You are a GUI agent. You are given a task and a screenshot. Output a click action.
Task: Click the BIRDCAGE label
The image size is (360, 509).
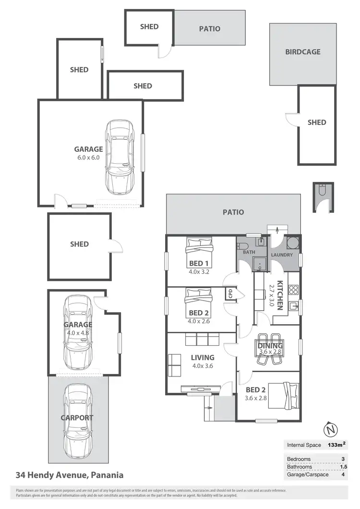pyautogui.click(x=302, y=52)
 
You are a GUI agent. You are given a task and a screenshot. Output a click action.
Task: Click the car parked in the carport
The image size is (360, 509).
pyautogui.click(x=78, y=418)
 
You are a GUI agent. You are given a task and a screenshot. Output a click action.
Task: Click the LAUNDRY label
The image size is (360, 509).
pyautogui.click(x=282, y=254)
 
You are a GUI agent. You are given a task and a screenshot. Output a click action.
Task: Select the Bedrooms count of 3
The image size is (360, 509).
pyautogui.click(x=342, y=459)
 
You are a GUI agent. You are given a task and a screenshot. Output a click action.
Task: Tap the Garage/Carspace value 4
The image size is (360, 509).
pyautogui.click(x=342, y=474)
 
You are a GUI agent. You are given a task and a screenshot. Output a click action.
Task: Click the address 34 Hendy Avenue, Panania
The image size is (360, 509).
pyautogui.click(x=70, y=475)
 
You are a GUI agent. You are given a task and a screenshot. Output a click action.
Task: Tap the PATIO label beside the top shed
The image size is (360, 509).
pyautogui.click(x=210, y=29)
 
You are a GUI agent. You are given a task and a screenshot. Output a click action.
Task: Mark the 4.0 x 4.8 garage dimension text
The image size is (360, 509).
pyautogui.click(x=78, y=332)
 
